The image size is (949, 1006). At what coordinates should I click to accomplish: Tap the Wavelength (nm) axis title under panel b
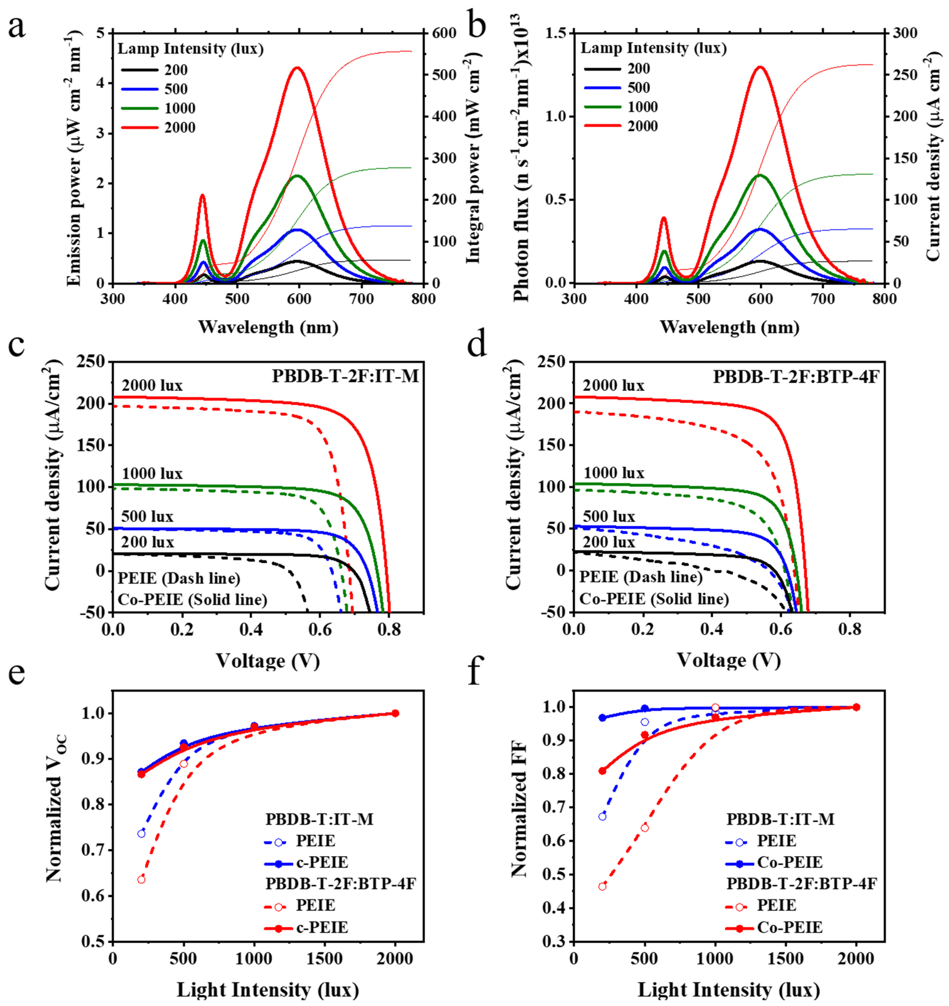(729, 328)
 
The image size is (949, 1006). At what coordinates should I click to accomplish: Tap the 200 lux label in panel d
(609, 542)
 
